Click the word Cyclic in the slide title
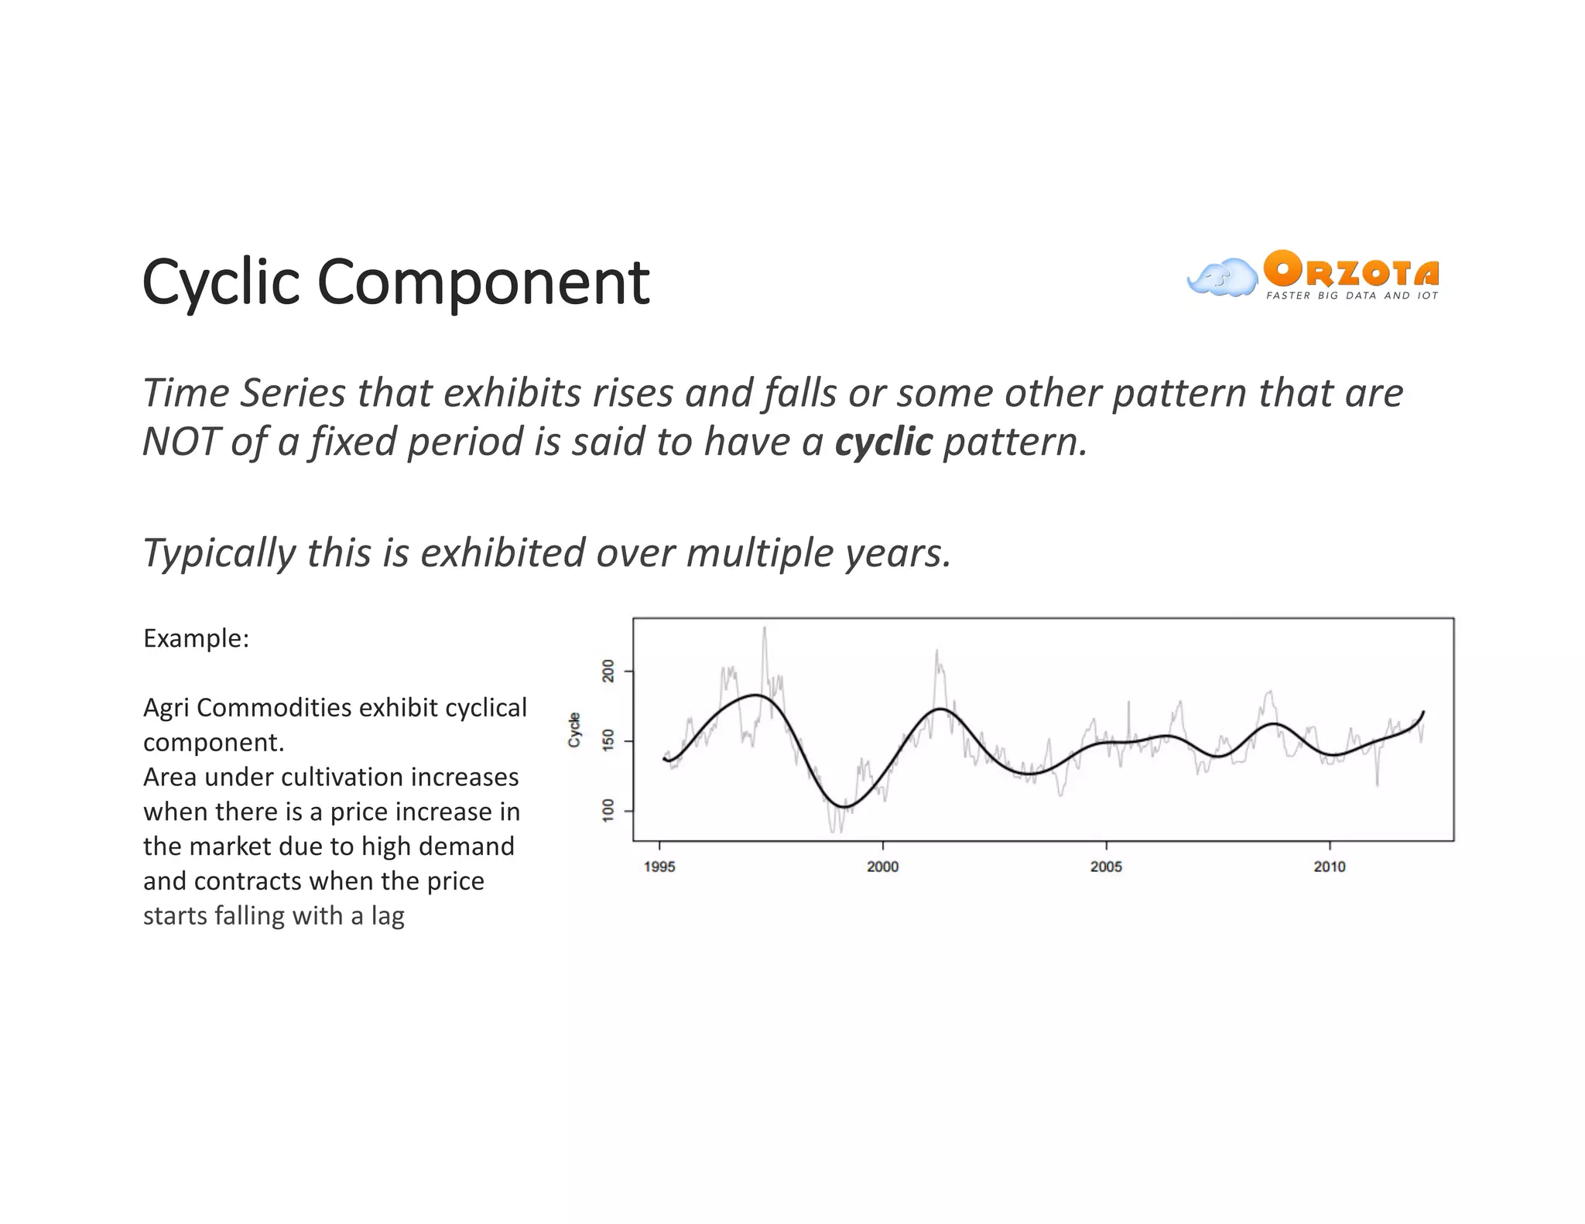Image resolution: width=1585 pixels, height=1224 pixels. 221,283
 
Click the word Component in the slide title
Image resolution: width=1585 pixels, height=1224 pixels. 483,283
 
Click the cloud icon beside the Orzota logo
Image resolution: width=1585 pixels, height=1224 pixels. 1222,278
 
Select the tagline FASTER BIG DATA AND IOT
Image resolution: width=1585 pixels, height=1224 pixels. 1351,296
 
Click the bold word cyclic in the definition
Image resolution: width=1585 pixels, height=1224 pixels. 883,442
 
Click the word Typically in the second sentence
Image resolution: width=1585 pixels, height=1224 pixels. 218,554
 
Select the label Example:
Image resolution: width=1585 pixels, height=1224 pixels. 196,639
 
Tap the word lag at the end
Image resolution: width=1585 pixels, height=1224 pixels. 387,916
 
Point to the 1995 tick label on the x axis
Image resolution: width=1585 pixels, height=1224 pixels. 659,867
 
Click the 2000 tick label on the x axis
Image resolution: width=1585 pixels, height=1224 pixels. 882,867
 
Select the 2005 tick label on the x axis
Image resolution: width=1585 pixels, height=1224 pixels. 1106,867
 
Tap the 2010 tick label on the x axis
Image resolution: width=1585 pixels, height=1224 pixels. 1329,867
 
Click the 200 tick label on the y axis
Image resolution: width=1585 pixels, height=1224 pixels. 608,671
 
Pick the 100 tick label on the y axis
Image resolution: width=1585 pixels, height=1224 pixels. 608,810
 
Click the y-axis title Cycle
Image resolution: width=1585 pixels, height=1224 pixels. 574,730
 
